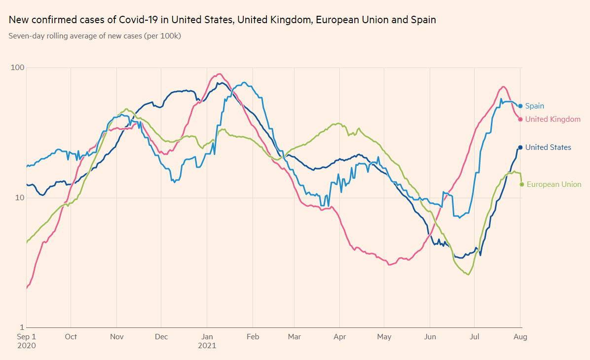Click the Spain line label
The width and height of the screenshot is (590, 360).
pos(534,106)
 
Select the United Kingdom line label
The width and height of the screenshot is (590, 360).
pos(553,119)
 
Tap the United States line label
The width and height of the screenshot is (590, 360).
pos(548,147)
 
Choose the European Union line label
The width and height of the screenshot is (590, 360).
pos(554,184)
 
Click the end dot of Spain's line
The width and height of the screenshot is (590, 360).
pos(520,106)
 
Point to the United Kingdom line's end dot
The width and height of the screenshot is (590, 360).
pos(520,119)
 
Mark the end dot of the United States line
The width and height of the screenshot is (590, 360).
pos(520,147)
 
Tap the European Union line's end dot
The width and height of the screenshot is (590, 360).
pos(521,184)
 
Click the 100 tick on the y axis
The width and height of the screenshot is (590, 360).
pos(17,68)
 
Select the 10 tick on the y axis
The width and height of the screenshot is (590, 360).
pos(19,198)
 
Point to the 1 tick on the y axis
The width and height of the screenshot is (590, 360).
pos(21,327)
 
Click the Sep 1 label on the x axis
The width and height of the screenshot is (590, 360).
pos(27,337)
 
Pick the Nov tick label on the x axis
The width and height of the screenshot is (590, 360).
pos(116,337)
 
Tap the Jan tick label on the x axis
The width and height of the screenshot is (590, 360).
pos(207,337)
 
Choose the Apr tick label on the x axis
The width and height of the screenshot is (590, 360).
pos(339,337)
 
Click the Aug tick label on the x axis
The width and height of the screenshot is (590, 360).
pos(521,337)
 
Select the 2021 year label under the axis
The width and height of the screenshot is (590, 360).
pos(207,346)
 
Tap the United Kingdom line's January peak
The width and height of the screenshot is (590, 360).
pos(220,74)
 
